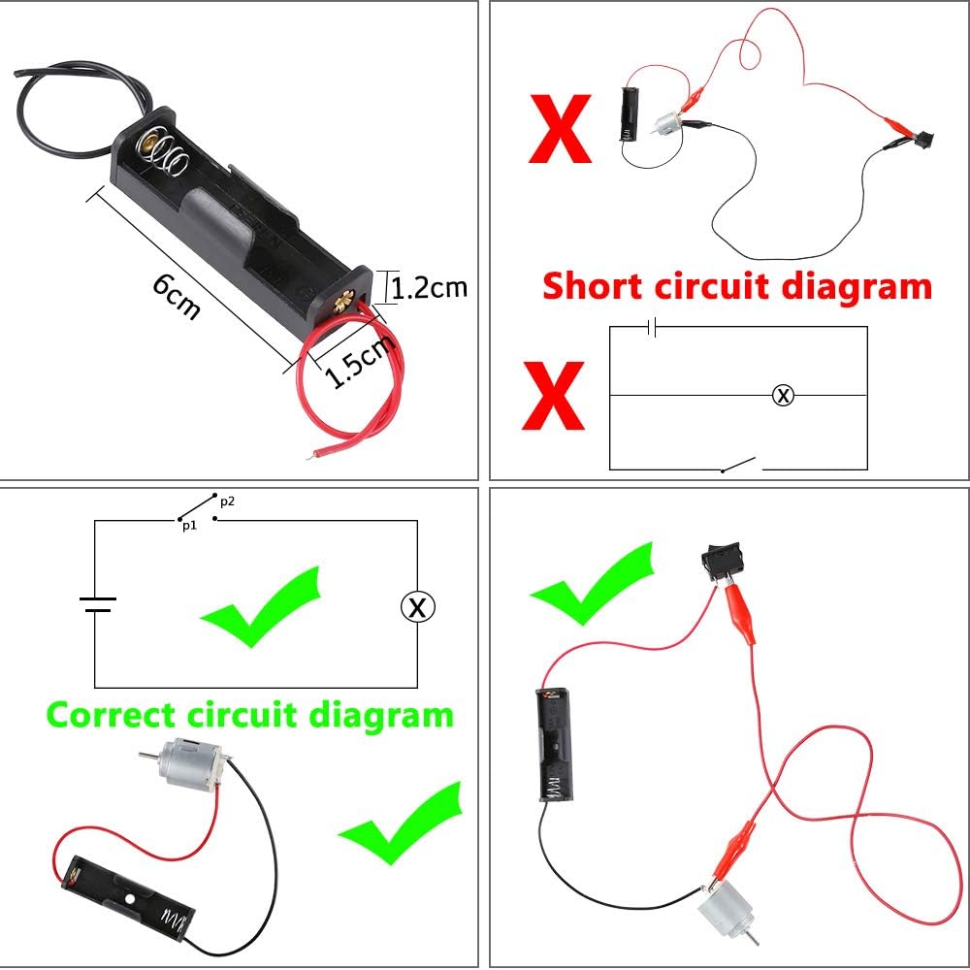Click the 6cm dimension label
coord(177,297)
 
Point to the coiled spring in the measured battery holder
coord(167,155)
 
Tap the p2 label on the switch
coord(227,501)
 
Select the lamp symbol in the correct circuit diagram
coord(418,607)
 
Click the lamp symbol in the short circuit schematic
coord(783,395)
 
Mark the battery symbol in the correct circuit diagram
coord(96,605)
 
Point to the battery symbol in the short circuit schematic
coord(653,327)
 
